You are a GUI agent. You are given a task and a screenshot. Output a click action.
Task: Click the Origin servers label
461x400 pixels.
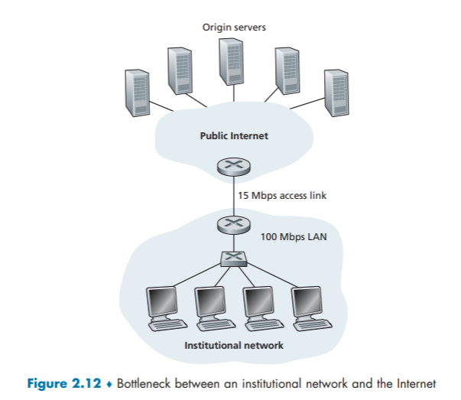[x=234, y=28]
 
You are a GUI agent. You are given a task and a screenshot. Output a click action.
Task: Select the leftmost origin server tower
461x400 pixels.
[x=138, y=91]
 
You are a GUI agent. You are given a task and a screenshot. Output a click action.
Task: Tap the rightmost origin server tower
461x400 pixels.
[x=335, y=91]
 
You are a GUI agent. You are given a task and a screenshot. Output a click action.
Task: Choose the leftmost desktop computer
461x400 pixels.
[x=163, y=307]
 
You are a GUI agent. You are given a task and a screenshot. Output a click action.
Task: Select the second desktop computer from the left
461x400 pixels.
[x=209, y=307]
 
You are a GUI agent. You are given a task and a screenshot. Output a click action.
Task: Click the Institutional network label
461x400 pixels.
[x=234, y=346]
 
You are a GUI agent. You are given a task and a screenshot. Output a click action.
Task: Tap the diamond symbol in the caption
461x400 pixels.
[x=110, y=383]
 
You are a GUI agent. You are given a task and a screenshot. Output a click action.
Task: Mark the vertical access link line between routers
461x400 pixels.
[x=234, y=197]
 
